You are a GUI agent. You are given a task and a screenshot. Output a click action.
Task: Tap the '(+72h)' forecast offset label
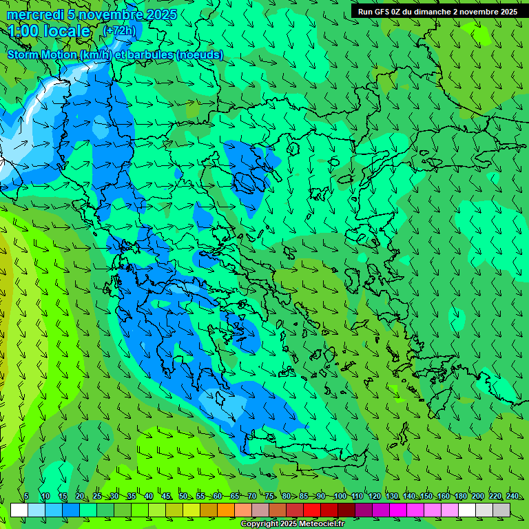[x=119, y=30]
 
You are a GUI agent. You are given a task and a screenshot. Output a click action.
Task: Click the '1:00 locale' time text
[x=49, y=31]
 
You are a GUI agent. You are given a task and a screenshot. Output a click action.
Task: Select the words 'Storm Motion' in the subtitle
[x=41, y=54]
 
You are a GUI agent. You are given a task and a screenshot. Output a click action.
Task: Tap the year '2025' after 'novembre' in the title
[x=160, y=14]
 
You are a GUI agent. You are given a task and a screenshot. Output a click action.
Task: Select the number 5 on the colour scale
[x=26, y=496]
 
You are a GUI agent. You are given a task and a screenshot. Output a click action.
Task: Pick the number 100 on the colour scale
[x=339, y=496]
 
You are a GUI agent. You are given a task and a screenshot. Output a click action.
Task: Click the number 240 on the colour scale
[x=512, y=496]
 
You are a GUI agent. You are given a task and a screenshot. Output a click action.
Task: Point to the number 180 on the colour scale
[x=460, y=496]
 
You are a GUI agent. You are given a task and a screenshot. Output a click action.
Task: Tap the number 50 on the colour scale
[x=183, y=496]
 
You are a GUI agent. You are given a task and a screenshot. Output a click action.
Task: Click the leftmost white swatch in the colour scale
[x=19, y=510]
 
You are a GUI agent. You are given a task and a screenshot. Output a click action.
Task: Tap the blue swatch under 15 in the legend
[x=71, y=510]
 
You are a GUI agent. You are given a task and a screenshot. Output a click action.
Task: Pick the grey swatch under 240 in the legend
[x=501, y=510]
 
